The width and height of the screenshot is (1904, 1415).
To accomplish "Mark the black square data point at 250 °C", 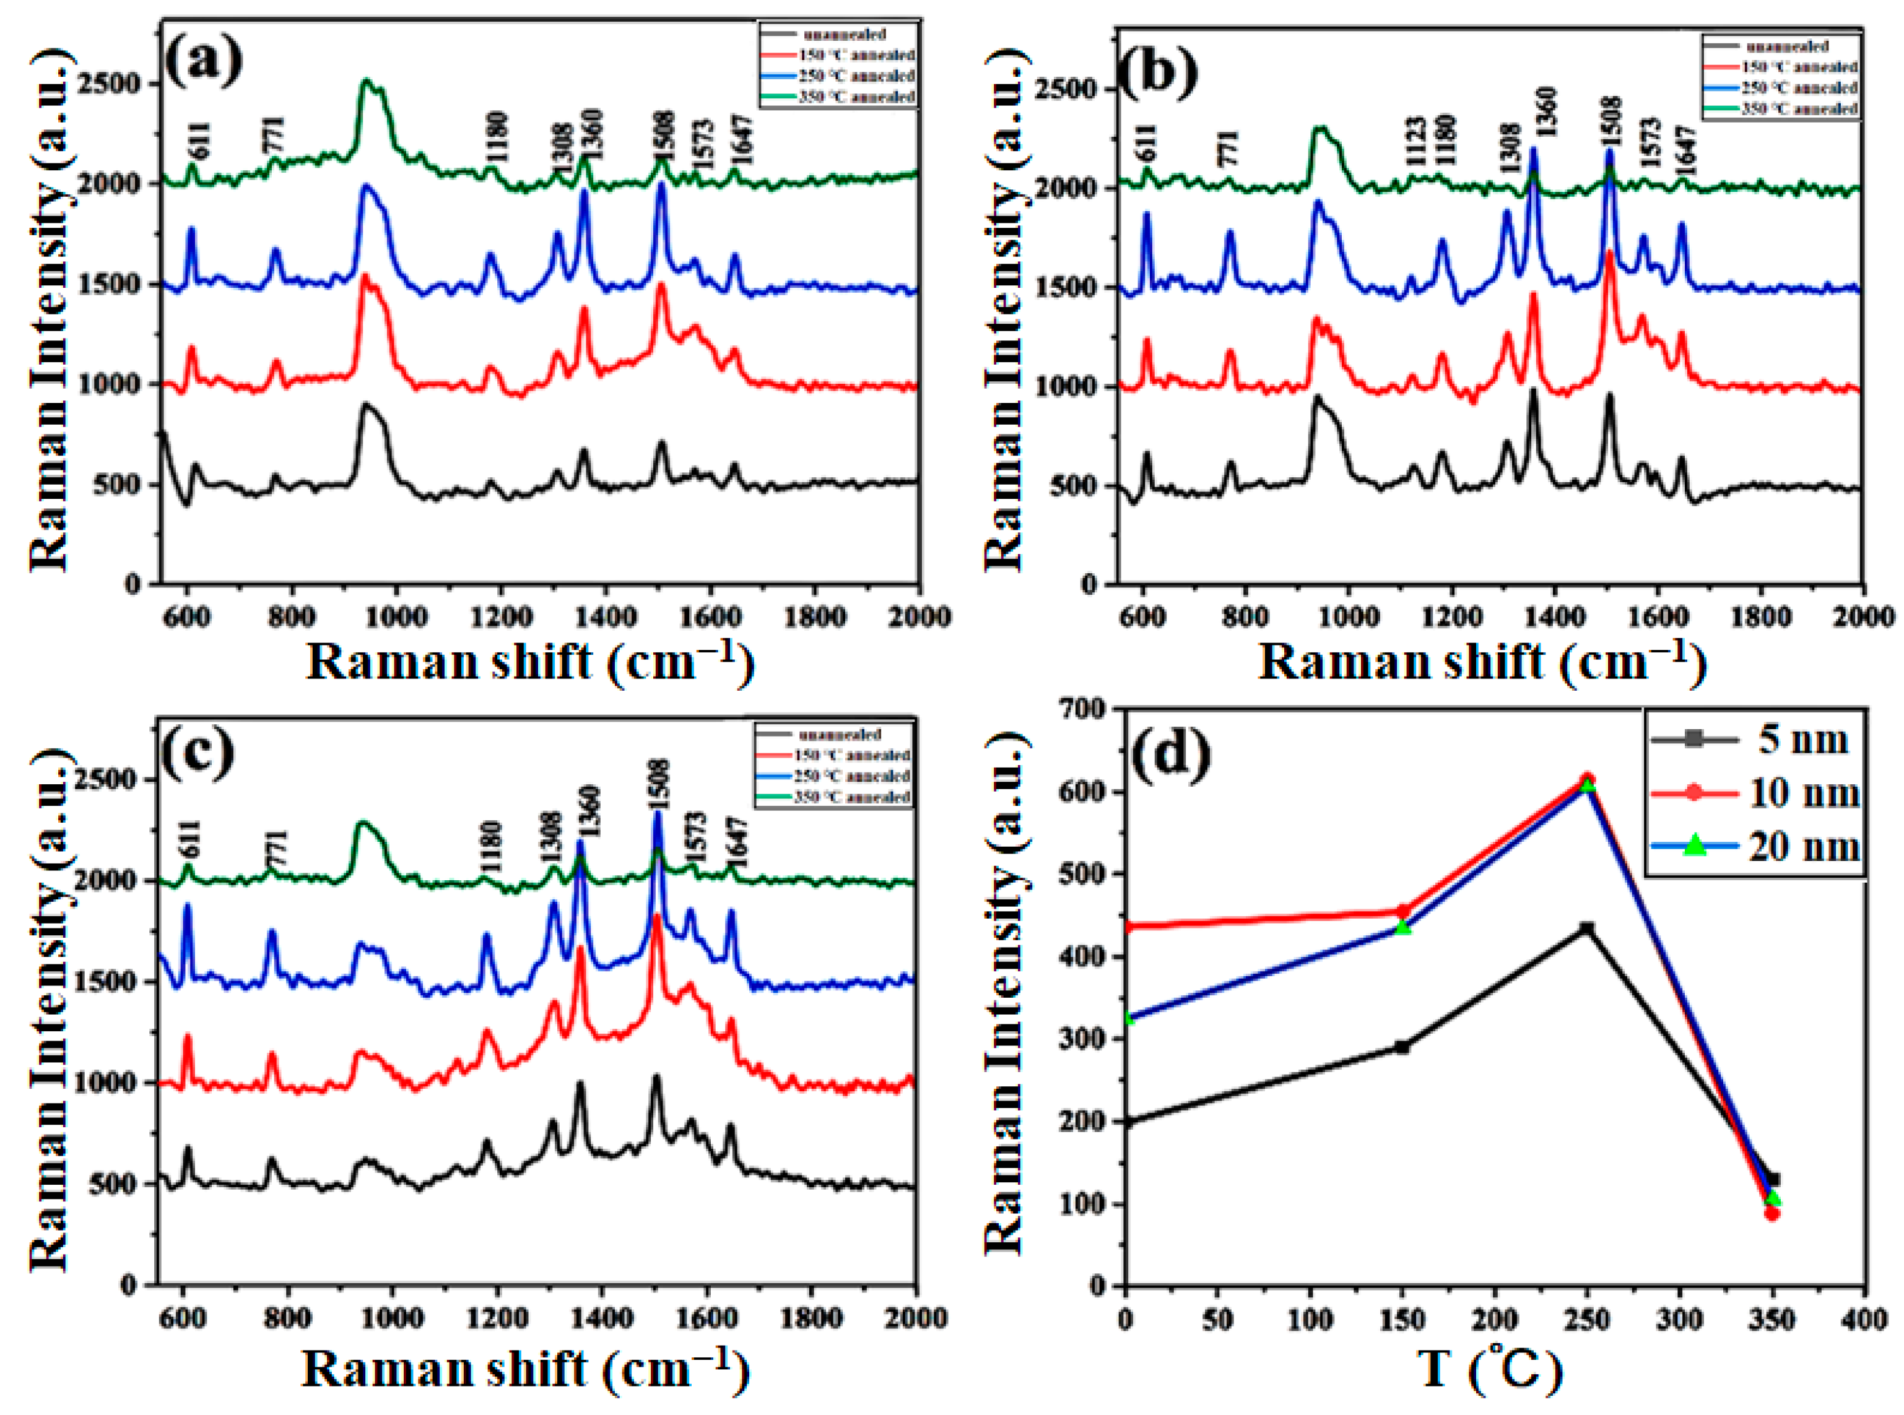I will [x=1587, y=928].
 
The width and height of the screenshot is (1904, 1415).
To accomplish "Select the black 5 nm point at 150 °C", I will [x=1402, y=1047].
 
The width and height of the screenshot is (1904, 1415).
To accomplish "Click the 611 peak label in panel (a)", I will [x=199, y=141].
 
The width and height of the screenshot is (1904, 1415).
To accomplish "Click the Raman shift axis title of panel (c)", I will [x=525, y=1369].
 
